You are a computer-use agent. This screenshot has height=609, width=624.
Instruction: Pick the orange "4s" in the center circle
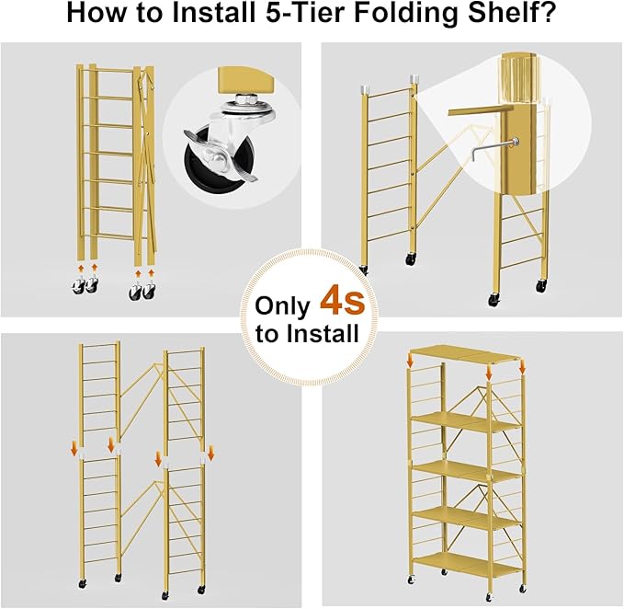[342, 301]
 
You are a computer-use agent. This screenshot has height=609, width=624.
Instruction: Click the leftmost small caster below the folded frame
[77, 287]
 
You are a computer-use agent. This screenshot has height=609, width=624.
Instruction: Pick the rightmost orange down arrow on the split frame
[210, 453]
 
